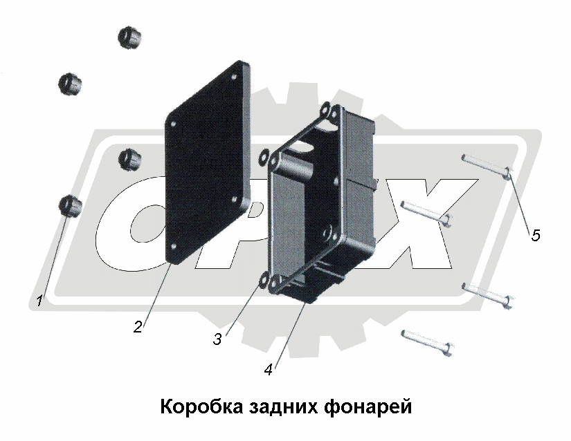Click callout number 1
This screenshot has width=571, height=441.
click(x=39, y=301)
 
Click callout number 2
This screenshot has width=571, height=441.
click(x=138, y=326)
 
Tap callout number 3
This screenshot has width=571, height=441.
click(x=217, y=339)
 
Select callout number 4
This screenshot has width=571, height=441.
click(x=269, y=370)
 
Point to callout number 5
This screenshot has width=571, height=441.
click(x=535, y=235)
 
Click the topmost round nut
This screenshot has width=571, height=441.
click(x=129, y=37)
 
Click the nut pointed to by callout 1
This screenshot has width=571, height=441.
click(x=70, y=206)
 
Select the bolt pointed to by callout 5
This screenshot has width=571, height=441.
click(x=487, y=167)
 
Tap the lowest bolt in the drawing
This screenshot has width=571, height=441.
click(x=427, y=342)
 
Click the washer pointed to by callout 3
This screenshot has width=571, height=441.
click(x=263, y=281)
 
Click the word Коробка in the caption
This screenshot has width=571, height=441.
click(x=201, y=406)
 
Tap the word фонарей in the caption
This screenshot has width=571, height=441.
click(x=368, y=407)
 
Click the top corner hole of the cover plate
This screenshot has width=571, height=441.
click(x=234, y=77)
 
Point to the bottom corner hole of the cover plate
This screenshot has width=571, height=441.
click(x=173, y=247)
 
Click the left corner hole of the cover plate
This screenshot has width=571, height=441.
click(x=173, y=124)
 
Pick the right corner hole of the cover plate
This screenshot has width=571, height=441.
click(x=235, y=199)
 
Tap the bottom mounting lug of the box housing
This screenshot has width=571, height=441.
click(x=275, y=281)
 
